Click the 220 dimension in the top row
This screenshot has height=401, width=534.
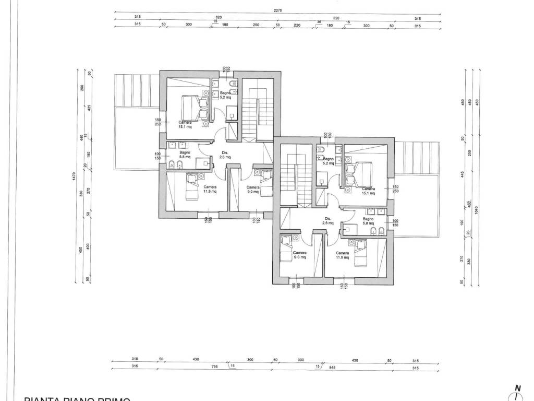pyautogui.click(x=297, y=25)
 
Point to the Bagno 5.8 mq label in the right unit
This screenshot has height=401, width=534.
pyautogui.click(x=368, y=221)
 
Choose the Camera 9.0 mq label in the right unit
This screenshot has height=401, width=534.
pyautogui.click(x=300, y=255)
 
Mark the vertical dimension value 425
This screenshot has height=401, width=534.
pyautogui.click(x=90, y=108)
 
